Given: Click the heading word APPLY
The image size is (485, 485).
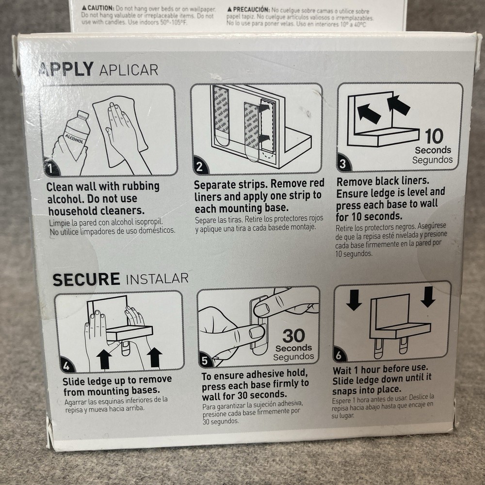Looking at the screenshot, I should (66, 69).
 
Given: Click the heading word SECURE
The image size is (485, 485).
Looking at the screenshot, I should (86, 279).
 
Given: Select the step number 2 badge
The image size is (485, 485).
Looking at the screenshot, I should (199, 167).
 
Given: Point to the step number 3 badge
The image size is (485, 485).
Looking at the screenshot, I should (343, 164).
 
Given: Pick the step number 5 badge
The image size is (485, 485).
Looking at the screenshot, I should (205, 360).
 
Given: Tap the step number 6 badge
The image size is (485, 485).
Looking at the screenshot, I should (339, 356).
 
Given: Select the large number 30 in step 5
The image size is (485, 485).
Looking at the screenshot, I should (293, 335).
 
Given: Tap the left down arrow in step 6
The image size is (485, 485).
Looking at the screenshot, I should (354, 299).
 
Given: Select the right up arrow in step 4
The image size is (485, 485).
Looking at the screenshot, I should (154, 357).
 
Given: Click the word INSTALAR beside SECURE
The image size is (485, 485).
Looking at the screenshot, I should (157, 279).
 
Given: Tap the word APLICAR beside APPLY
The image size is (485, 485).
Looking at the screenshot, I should (129, 70).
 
